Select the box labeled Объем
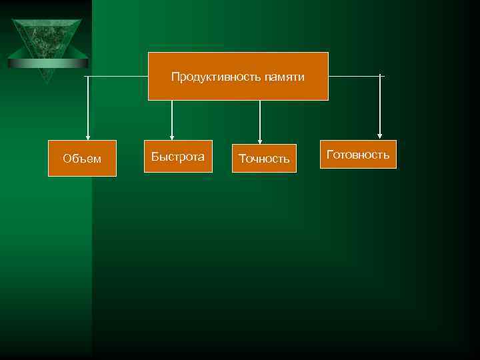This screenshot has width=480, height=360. point(82,158)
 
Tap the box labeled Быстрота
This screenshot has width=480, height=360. point(178,157)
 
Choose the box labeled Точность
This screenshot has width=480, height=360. point(264,158)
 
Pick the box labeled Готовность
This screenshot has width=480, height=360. point(358,154)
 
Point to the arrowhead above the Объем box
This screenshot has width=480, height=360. point(88,136)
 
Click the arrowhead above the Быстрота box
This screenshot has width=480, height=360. point(172,136)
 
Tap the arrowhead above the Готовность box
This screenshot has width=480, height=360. point(380,136)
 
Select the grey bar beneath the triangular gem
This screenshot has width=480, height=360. point(47,63)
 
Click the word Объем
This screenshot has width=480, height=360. point(82,159)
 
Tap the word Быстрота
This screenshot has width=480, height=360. point(178,157)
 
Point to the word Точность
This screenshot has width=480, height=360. point(264,159)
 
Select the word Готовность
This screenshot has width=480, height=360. point(358,155)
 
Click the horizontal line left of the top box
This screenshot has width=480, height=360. point(117,77)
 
